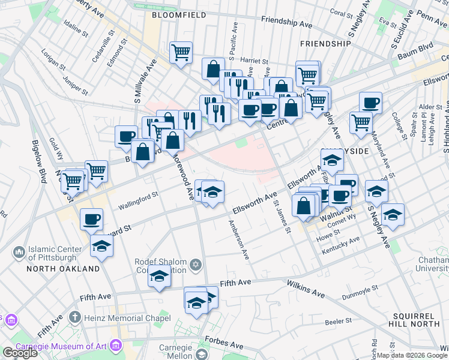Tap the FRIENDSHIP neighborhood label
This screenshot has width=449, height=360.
pos(325,44)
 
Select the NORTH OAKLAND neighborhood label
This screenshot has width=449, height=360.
pos(63,269)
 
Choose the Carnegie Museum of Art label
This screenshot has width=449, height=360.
pos(60,345)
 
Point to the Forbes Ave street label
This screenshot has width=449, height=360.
pos(223,343)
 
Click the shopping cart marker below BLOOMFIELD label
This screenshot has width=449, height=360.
pos(181,52)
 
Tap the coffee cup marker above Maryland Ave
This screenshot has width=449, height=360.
pos(370,103)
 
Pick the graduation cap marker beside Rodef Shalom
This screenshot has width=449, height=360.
pos(159,277)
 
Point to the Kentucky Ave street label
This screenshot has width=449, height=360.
pos(340,246)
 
